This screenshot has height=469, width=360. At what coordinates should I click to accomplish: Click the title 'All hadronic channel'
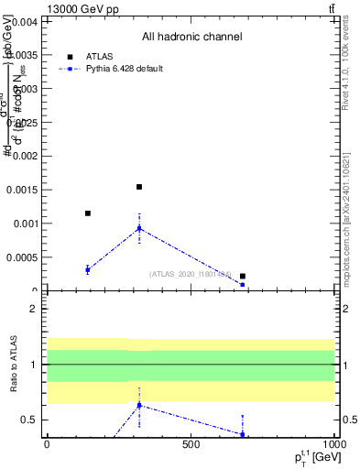coord(191,38)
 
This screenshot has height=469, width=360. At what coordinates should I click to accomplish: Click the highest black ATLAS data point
coord(139,187)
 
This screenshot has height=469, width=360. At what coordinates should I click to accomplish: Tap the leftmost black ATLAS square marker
coord(88,213)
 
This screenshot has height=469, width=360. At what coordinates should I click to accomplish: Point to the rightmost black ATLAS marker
coord(243,276)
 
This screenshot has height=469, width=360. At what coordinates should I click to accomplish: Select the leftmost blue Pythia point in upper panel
coord(88,269)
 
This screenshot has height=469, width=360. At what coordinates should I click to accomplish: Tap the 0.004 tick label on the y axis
coord(24,21)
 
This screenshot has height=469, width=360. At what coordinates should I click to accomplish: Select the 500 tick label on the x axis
coord(191,444)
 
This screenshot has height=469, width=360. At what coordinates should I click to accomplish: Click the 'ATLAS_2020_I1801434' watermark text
coord(191,274)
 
